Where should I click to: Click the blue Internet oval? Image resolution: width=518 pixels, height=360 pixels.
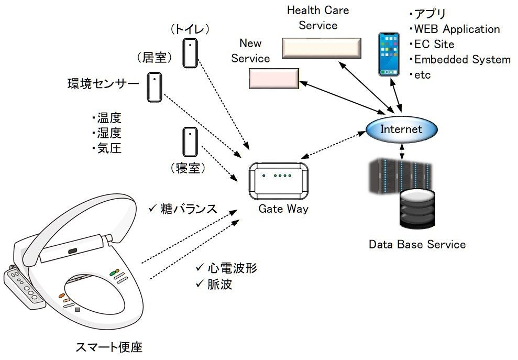pos(401,129)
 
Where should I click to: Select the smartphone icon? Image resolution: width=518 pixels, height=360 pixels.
pos(390,54)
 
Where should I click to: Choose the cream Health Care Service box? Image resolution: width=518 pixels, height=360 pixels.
pos(321,48)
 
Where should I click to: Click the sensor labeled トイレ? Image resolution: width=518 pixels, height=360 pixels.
pos(190,53)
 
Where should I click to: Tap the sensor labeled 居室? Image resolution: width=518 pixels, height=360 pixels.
pos(155,87)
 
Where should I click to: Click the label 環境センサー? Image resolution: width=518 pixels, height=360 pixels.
pos(103,84)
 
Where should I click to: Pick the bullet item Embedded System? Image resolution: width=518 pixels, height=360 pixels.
pos(461,59)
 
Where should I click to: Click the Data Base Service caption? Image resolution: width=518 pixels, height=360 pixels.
pos(417,244)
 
